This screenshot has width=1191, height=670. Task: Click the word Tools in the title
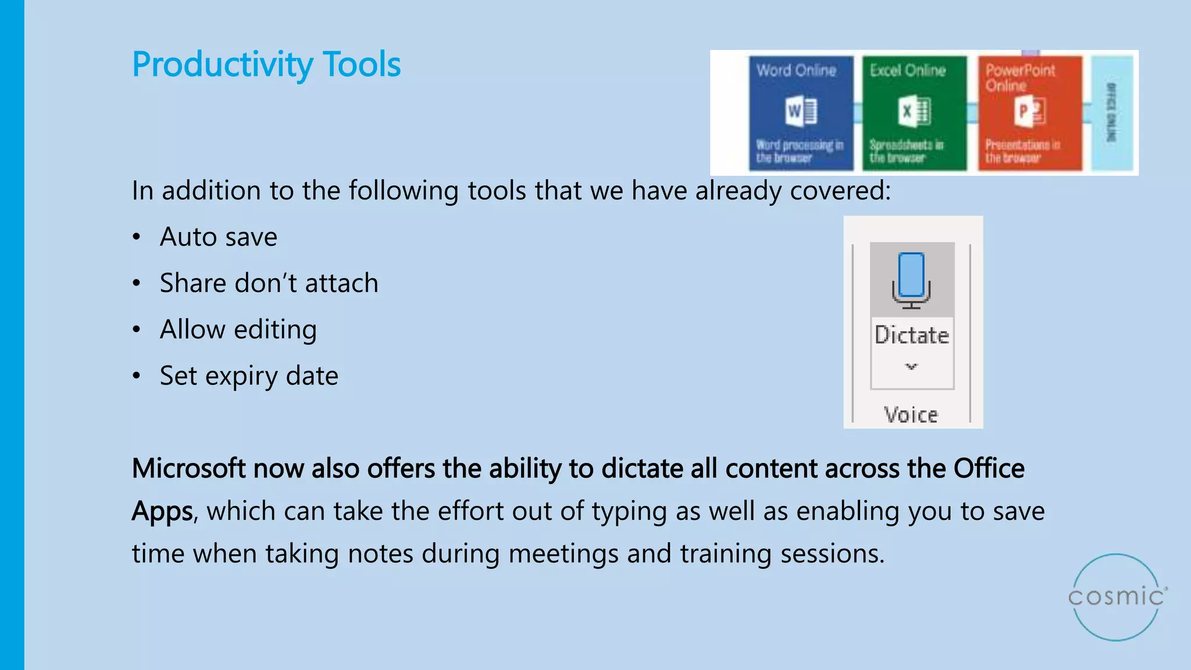[361, 64]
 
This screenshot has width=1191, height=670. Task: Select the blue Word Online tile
[801, 113]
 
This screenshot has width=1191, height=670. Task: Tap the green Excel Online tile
[914, 113]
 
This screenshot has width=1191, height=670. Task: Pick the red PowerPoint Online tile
[1029, 113]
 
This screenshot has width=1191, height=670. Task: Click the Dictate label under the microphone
[911, 336]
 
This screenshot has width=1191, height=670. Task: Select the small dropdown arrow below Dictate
[911, 366]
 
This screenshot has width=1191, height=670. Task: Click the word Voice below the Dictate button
[911, 415]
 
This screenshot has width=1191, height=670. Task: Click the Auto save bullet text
[219, 237]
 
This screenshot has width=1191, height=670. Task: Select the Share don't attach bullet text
[269, 283]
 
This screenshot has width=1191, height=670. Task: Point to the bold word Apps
[162, 511]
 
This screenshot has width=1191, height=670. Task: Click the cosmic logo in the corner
[1116, 597]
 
